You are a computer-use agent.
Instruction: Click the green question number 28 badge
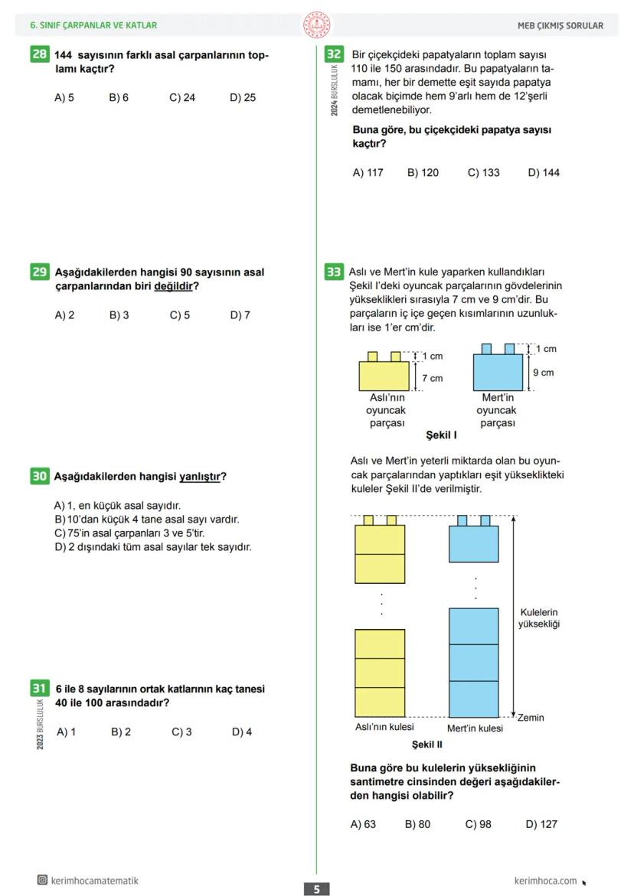39,54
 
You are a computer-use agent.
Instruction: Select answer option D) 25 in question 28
243,98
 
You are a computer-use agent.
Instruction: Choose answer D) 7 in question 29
240,315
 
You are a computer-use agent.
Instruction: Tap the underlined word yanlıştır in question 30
200,477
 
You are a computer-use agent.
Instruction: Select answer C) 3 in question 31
181,732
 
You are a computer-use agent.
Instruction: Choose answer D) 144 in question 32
544,173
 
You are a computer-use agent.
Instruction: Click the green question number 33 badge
334,272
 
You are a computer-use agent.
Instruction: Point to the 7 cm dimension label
432,378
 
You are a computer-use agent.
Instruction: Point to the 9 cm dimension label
543,373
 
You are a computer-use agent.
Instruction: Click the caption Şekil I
441,435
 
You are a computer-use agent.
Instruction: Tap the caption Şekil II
426,744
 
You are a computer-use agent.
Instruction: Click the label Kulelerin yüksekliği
539,618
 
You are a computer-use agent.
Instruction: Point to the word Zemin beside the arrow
531,718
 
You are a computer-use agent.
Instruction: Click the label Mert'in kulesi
475,728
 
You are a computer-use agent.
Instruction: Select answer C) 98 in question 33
479,825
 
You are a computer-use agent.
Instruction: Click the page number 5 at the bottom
316,889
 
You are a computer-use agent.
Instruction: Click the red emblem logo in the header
316,25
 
